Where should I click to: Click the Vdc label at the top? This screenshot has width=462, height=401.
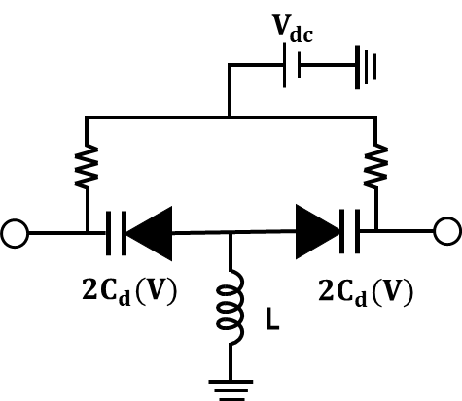293,28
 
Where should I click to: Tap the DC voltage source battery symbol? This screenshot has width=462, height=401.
292,65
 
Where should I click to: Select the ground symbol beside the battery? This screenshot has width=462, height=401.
366,67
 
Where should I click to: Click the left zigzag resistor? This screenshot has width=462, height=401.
87,166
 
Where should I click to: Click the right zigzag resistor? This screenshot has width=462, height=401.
376,166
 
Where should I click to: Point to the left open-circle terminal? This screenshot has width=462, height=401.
15,233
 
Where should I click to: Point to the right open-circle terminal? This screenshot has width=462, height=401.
447,231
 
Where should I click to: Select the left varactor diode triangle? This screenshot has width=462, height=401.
149,233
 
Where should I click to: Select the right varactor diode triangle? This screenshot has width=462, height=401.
318,232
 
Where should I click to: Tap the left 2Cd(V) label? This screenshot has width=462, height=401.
129,291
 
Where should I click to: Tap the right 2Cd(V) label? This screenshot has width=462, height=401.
366,291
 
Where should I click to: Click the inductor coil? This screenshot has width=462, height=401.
230,307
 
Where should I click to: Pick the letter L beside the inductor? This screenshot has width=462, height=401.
272,319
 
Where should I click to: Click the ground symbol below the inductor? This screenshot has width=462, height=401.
231,390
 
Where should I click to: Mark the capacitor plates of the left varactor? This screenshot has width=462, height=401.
116,233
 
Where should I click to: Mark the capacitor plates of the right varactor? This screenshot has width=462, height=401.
349,231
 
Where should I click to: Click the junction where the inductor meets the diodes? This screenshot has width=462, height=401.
231,232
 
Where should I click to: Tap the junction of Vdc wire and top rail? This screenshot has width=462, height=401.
230,117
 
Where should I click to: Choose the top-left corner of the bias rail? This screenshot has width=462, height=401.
87,117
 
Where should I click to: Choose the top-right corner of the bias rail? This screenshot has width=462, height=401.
375,117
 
